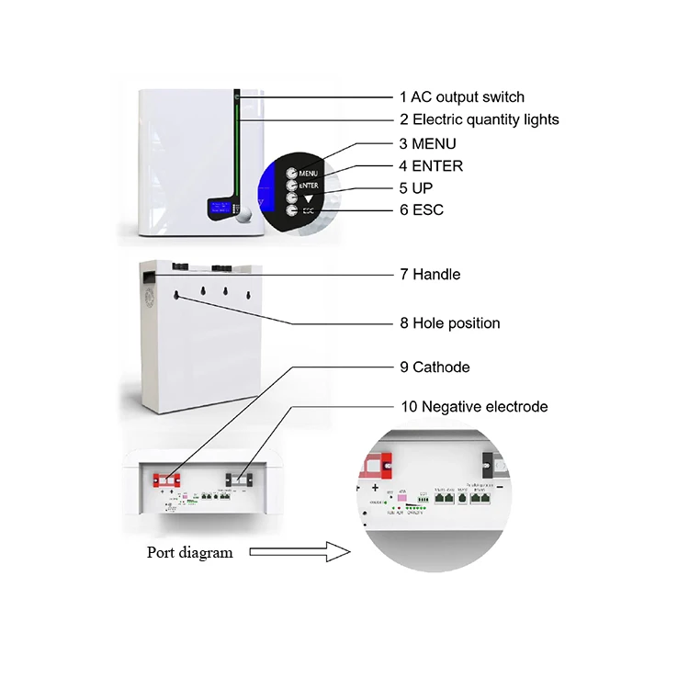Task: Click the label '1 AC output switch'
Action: [x=461, y=96]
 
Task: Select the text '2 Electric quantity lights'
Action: [x=479, y=119]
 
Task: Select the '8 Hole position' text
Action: [x=449, y=323]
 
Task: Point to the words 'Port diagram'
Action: [x=190, y=552]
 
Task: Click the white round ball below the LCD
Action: [x=243, y=218]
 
